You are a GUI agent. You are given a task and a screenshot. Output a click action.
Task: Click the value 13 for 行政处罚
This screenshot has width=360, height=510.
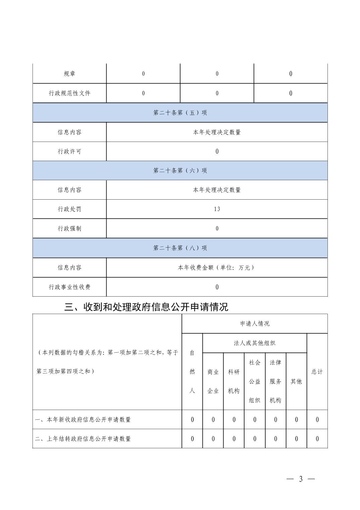coord(217,209)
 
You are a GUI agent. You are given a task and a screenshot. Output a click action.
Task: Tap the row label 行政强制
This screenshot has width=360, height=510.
coord(69,228)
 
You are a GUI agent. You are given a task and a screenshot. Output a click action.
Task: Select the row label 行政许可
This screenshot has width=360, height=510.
coord(69,151)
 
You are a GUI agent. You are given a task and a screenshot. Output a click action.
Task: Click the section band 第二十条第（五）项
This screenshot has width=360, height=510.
coord(180,113)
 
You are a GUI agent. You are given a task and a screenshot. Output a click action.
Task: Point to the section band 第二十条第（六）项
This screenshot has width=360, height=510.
coord(180,170)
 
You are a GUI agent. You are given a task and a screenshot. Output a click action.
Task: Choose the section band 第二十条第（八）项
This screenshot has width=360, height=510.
coord(180,248)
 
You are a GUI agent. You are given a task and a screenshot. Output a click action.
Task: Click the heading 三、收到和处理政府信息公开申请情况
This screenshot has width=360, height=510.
coord(146,307)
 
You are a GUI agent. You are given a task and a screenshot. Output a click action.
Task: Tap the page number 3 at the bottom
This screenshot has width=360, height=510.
coord(301,479)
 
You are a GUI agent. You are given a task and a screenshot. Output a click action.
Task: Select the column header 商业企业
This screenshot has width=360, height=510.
coord(213,381)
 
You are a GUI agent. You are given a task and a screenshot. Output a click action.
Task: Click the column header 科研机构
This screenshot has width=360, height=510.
coord(234,381)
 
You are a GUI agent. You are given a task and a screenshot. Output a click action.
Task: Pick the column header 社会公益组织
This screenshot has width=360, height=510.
coord(255,381)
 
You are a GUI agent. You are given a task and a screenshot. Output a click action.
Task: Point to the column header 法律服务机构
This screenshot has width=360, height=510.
coord(276,381)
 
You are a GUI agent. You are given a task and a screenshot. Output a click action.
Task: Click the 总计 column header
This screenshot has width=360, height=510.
coord(317,372)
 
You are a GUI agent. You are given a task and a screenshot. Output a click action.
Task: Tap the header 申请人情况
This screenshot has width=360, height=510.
coord(255,324)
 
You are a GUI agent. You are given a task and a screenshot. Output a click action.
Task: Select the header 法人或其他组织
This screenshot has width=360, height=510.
coord(255,343)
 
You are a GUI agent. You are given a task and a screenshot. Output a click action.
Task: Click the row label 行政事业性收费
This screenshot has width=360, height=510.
coord(69,287)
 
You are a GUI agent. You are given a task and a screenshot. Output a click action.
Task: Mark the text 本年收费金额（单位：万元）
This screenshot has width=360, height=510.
coord(217,267)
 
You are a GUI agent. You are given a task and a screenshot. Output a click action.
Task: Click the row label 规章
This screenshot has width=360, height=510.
coord(69,74)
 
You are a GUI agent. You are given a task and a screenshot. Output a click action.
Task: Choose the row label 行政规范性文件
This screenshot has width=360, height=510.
coord(69,93)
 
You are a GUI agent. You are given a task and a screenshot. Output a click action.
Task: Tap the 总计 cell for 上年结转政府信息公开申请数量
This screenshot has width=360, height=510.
coord(317,439)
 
